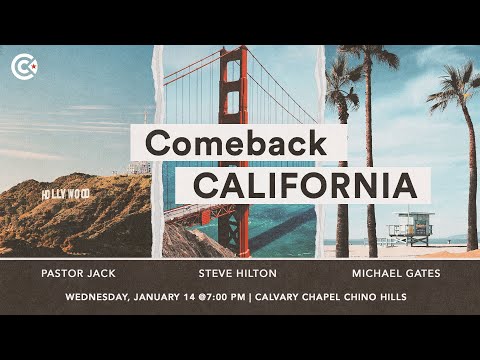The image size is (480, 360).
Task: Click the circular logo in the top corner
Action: tap(23, 67)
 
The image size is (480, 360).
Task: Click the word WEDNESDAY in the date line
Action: tap(104, 297)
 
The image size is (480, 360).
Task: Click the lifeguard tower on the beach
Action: tap(410, 227)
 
